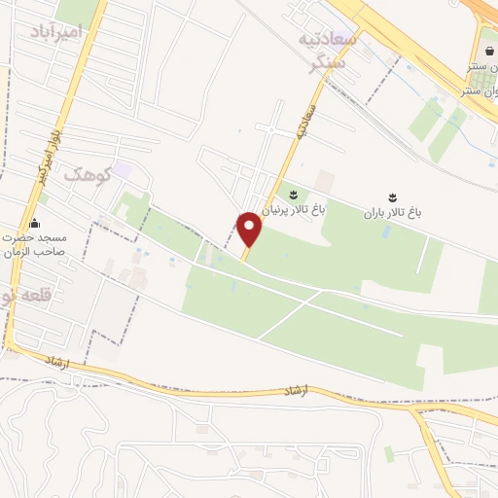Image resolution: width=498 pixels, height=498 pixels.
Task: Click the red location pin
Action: pos(250,230)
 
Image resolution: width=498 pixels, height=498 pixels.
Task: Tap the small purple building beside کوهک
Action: pos(122,170)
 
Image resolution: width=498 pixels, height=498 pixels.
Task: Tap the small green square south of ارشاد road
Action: pos(390,453)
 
